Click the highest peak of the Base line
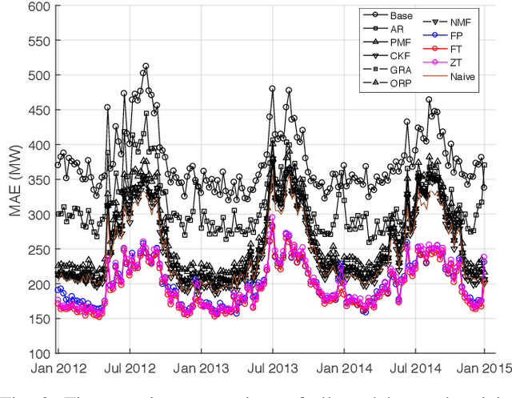[x=146, y=66]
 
